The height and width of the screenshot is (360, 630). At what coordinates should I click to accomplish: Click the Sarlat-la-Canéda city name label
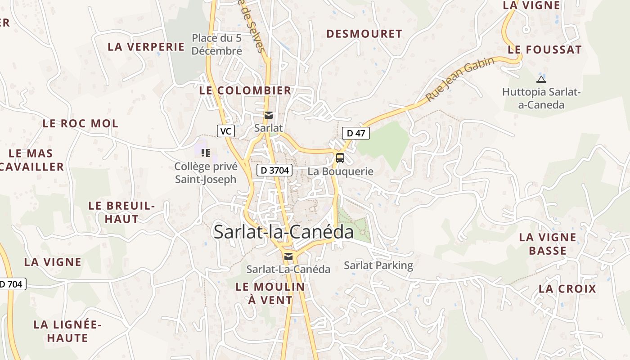coord(283,232)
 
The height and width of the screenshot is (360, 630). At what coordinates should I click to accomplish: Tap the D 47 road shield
coord(356,133)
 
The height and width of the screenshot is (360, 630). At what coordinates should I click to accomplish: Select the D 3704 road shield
coord(274,171)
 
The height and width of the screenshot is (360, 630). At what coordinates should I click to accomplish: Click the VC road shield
coord(226,131)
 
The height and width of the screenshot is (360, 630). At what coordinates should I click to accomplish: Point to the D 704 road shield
coord(12,284)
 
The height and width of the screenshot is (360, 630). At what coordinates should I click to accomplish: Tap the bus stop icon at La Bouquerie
coord(340,158)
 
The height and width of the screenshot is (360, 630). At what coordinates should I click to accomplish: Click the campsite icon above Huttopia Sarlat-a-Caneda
coord(541,80)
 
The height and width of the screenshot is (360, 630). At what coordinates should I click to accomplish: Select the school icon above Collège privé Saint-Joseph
coord(206,153)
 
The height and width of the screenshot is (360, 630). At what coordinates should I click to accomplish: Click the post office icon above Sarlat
coord(269,115)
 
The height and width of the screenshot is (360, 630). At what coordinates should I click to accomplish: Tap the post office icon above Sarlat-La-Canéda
coord(288,256)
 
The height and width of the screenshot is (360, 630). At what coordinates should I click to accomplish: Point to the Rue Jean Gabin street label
coord(460,79)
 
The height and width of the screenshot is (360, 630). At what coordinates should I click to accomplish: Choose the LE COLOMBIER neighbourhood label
coord(245,90)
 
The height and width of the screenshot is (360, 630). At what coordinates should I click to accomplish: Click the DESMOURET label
coord(364,34)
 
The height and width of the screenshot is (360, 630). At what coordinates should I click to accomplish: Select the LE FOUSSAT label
coord(544,50)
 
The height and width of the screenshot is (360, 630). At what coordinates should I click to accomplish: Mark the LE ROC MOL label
coord(81,123)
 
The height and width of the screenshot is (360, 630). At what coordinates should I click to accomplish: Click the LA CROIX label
coord(567,289)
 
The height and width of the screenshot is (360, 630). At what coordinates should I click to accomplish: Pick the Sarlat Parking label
coord(378,265)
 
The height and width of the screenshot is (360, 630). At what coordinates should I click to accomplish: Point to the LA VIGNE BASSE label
coord(548,244)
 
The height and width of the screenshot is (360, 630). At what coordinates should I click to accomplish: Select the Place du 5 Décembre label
coord(217,45)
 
